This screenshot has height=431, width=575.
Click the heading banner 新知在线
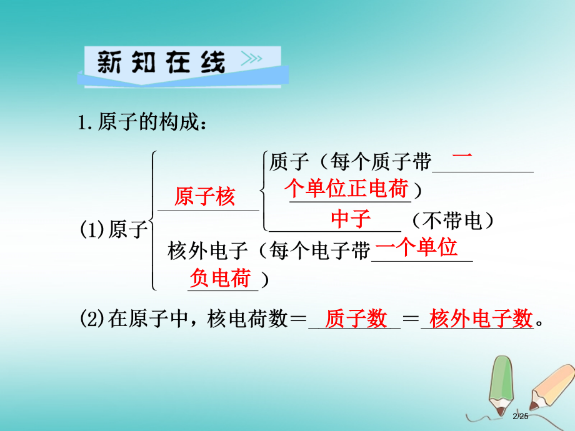(x=182, y=67)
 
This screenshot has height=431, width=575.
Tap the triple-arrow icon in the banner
(x=251, y=58)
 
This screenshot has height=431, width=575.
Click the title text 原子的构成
(x=148, y=122)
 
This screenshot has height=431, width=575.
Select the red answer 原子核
(x=204, y=196)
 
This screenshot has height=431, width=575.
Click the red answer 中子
(x=351, y=219)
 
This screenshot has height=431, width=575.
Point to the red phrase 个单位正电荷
(x=347, y=189)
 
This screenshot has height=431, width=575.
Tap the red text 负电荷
(x=221, y=277)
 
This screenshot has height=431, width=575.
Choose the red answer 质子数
(x=356, y=318)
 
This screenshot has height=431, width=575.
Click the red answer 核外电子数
(x=481, y=318)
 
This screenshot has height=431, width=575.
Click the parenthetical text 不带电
(x=452, y=221)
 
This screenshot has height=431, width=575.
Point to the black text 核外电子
(x=208, y=251)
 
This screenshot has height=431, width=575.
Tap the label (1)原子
(x=114, y=230)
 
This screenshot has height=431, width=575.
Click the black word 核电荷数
(x=247, y=319)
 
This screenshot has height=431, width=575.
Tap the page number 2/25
(x=521, y=416)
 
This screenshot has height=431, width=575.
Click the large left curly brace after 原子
(x=153, y=220)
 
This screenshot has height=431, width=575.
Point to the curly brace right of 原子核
(x=264, y=191)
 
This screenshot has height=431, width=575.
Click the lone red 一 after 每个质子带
(x=462, y=156)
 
